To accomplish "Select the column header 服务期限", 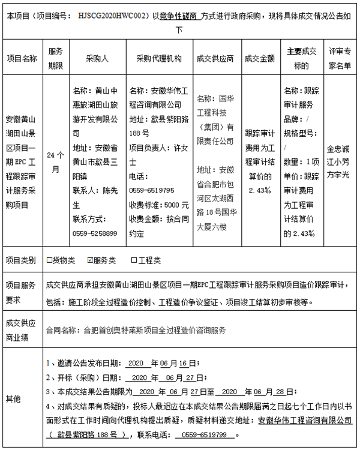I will point(55,58).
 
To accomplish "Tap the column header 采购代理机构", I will point(158,58).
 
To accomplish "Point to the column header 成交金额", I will point(260,58).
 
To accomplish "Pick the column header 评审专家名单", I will point(339,58).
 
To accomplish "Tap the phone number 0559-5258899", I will point(95,232).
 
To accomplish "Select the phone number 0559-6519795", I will point(152,190).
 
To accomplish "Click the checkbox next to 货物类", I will point(49,260).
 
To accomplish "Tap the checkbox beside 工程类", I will point(134,260).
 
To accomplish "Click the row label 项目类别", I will point(22,260).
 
